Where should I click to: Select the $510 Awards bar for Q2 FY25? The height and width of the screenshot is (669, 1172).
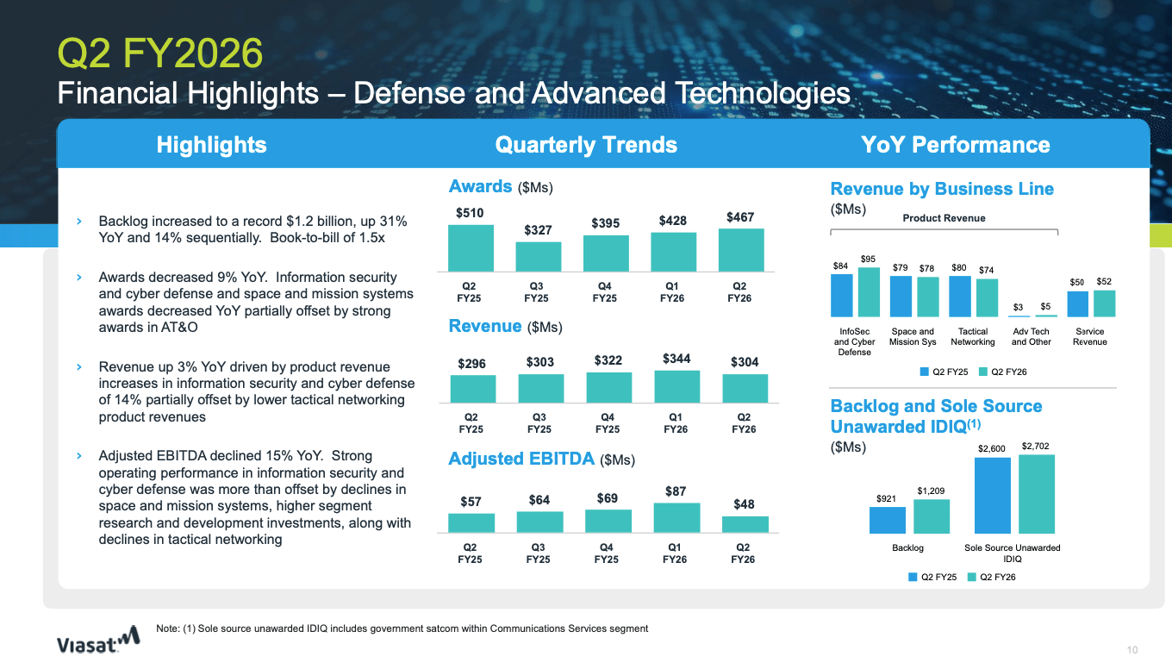coord(470,248)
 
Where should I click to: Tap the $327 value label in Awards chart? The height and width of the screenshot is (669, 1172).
coord(539,230)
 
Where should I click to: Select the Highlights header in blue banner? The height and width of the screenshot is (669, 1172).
coord(211,145)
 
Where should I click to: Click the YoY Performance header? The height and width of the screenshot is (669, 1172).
coord(955,145)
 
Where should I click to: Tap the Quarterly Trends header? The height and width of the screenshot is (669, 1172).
coord(586,145)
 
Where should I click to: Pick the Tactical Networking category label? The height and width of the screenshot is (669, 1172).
coord(972,336)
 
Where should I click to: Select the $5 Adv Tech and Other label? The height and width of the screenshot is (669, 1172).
coord(1045,306)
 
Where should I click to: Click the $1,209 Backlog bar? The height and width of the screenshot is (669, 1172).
coord(931,516)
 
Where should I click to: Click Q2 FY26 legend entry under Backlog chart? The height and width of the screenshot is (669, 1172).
coord(992,577)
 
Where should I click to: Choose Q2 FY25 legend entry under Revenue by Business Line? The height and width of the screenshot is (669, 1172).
coord(944,372)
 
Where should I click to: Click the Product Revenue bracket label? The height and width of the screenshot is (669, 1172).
coord(944,218)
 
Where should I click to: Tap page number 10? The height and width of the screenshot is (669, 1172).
coord(1132,649)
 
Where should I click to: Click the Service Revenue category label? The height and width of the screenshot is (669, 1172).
coord(1090,336)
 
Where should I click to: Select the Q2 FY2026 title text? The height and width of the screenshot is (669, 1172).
coord(159,53)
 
